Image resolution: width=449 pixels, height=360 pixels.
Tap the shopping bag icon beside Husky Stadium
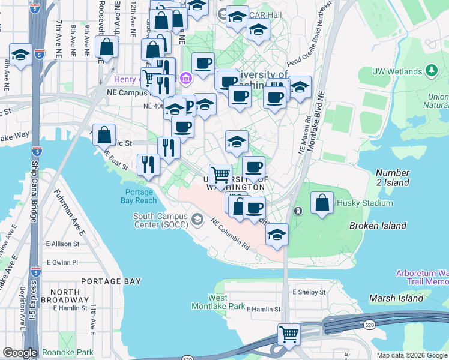322,203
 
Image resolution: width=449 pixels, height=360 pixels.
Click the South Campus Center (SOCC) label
160,221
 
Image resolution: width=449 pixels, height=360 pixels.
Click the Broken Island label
378,226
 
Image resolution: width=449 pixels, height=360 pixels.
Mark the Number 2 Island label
394,178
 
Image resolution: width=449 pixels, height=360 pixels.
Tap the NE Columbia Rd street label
230,233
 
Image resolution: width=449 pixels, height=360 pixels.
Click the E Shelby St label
309,292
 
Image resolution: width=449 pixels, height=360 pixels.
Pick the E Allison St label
62,244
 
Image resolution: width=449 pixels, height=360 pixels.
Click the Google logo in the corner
19,353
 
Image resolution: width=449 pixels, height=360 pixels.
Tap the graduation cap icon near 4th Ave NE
20,55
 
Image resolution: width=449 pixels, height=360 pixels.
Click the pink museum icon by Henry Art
185,78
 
